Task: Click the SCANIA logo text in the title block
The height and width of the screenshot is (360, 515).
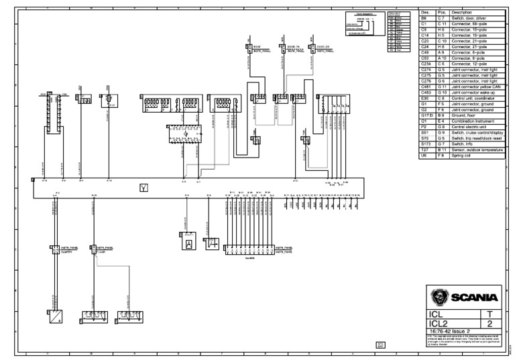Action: [475, 297]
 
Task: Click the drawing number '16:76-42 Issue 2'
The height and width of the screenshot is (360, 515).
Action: [448, 331]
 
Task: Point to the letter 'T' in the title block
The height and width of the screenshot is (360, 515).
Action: [490, 312]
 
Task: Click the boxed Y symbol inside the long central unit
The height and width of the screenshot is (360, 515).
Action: [143, 187]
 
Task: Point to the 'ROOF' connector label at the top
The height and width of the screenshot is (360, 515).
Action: [256, 46]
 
